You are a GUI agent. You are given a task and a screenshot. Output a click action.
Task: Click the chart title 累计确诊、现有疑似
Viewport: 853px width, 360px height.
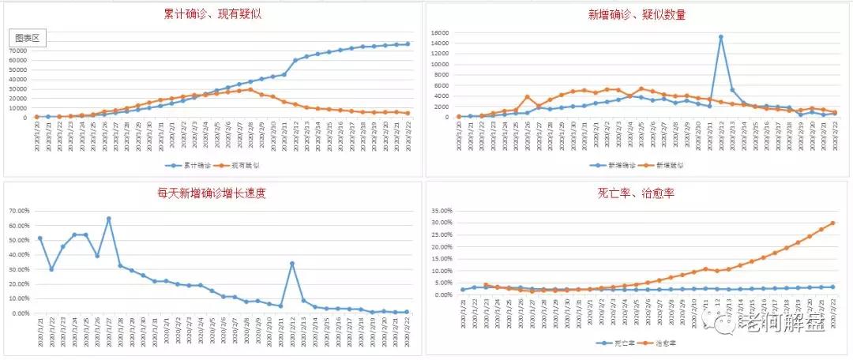point(212,15)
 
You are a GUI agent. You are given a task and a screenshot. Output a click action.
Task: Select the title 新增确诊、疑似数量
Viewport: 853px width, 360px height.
point(637,15)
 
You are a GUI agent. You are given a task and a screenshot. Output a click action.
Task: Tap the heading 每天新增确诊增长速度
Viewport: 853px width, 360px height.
point(212,193)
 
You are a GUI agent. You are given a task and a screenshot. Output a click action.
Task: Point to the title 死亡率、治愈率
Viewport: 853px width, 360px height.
point(637,193)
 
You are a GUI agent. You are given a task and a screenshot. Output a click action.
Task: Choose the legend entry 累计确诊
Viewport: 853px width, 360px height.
point(190,166)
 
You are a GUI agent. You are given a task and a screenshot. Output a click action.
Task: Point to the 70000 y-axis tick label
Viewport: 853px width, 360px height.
point(19,51)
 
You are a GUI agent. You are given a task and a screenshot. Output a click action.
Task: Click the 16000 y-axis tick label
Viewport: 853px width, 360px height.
point(440,33)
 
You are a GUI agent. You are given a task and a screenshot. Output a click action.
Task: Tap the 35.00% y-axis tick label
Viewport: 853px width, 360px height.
point(441,211)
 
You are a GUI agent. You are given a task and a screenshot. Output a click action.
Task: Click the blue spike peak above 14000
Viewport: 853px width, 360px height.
point(720,37)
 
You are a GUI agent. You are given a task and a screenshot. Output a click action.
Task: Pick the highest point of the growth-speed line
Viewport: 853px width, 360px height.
point(108,219)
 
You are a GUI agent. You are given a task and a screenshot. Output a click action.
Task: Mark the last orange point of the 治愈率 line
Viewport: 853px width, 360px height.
point(832,223)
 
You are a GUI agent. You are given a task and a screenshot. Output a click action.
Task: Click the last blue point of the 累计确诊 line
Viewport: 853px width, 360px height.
point(408,44)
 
